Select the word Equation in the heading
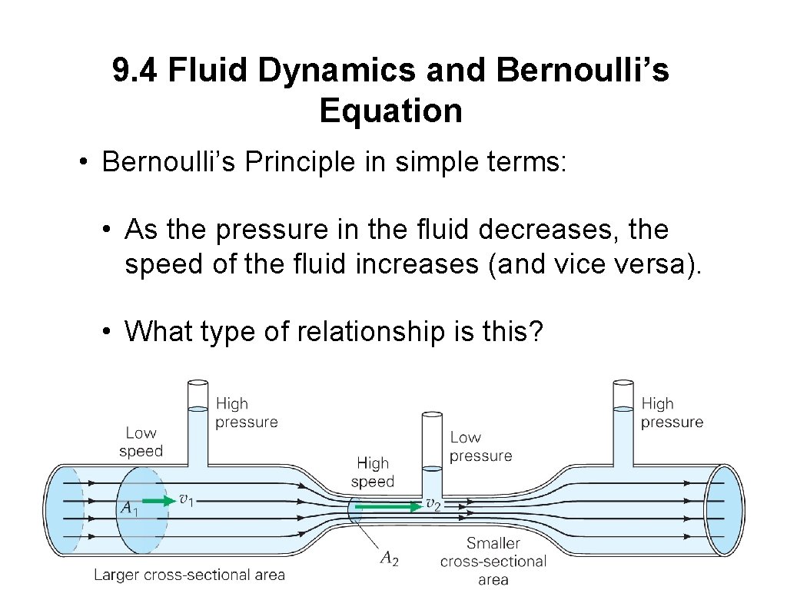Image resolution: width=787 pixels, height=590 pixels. (390, 111)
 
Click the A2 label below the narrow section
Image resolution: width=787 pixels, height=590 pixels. (390, 559)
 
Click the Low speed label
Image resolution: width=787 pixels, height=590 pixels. (141, 442)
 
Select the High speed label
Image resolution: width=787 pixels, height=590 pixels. (373, 472)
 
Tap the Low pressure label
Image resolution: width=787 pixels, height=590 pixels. (480, 446)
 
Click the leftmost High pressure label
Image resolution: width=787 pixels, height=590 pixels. (246, 413)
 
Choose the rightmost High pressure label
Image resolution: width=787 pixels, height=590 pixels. (672, 413)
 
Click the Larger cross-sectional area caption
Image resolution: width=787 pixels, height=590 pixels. (189, 575)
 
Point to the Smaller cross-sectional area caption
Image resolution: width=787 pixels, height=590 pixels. (493, 562)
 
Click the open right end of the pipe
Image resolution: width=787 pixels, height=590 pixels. (726, 510)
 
